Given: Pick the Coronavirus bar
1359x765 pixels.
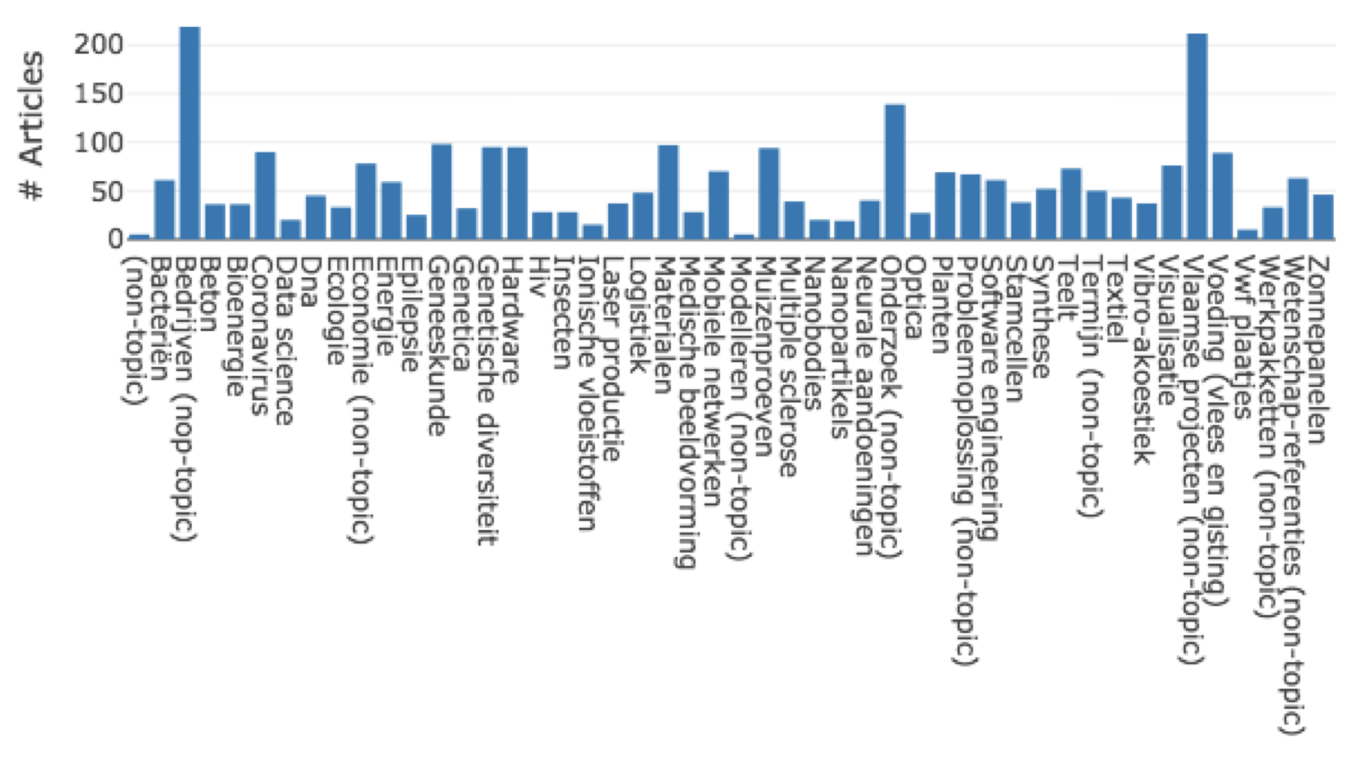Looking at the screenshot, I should coord(265,195).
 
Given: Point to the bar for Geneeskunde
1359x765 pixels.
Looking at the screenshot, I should coord(442,191).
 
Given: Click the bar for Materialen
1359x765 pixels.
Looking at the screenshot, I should coord(668,192).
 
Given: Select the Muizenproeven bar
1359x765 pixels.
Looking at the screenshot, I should coord(769,193).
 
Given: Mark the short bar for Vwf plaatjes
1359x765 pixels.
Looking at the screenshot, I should coord(1247,234).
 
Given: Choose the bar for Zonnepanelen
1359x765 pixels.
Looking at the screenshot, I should coord(1323,216).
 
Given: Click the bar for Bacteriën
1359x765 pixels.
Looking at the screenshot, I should coord(164,209).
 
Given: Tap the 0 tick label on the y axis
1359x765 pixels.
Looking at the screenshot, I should coord(115,239).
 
